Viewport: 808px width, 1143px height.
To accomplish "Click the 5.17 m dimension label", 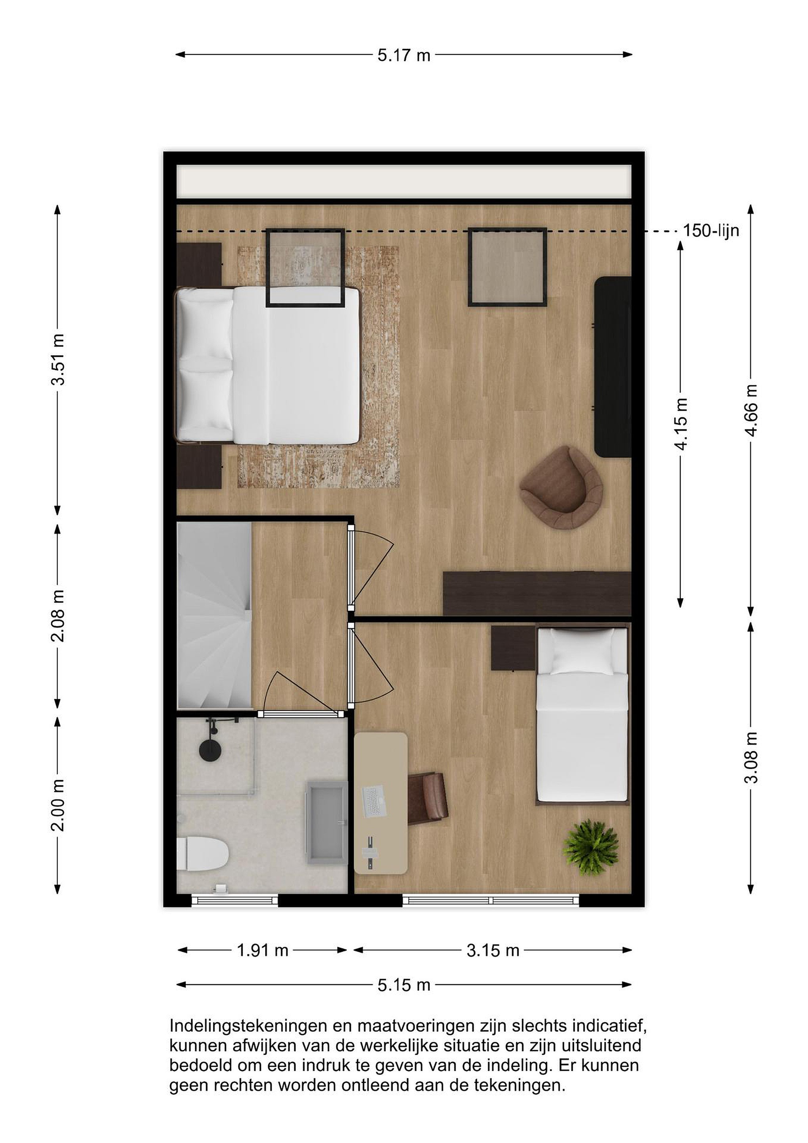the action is [403, 55].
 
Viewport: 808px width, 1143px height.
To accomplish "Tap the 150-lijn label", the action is [710, 231].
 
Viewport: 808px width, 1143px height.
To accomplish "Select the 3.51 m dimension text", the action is [58, 360].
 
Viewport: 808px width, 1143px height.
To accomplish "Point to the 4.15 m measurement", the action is [681, 424].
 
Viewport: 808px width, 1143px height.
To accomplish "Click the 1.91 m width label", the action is [262, 951].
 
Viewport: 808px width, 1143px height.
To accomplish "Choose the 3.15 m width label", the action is [493, 951].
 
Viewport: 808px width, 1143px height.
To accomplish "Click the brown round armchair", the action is [561, 487].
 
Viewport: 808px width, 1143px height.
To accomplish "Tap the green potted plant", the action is [591, 846].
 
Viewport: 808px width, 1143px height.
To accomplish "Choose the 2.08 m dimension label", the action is [58, 616].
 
